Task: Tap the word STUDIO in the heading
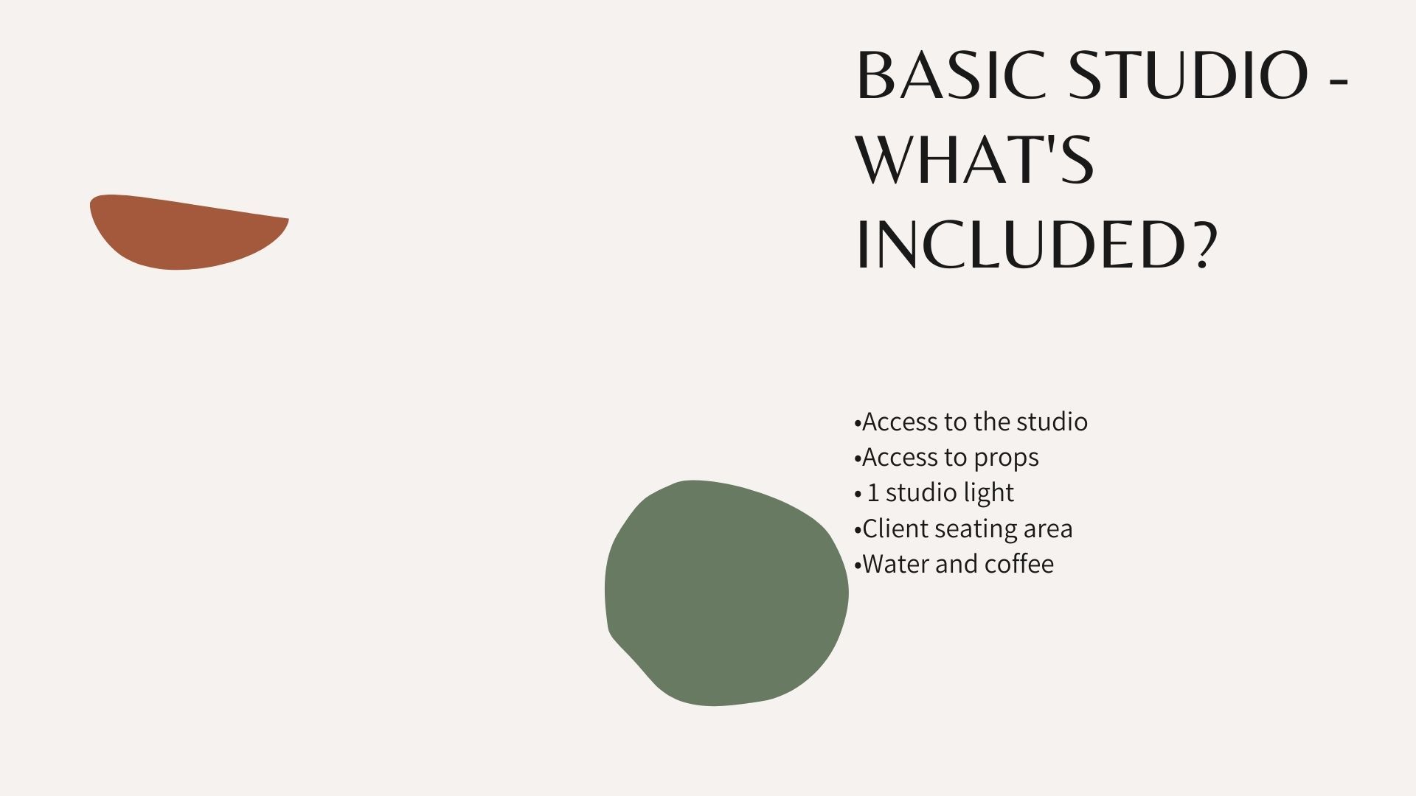[x=1189, y=75]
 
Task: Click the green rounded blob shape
[x=726, y=593]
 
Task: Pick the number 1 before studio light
[x=873, y=492]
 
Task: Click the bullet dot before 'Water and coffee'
[x=858, y=566]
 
